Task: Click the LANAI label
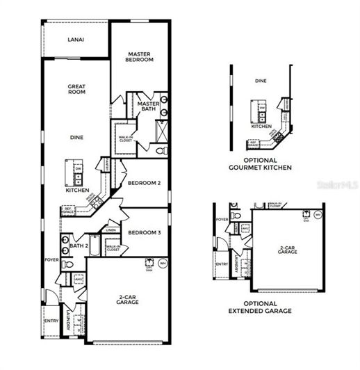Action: coord(76,40)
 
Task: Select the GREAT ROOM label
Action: coord(76,90)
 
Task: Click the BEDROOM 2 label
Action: coord(144,183)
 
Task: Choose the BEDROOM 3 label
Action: coord(145,232)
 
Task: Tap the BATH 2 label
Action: coord(79,246)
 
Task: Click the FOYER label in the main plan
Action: coord(51,260)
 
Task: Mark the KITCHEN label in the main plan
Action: coord(77,190)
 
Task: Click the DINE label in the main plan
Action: coord(76,137)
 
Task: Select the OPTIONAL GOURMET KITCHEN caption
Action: coord(260,164)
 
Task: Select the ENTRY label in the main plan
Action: coord(51,321)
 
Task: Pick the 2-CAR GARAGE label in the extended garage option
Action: coord(288,249)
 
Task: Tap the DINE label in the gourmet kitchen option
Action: coord(260,81)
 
